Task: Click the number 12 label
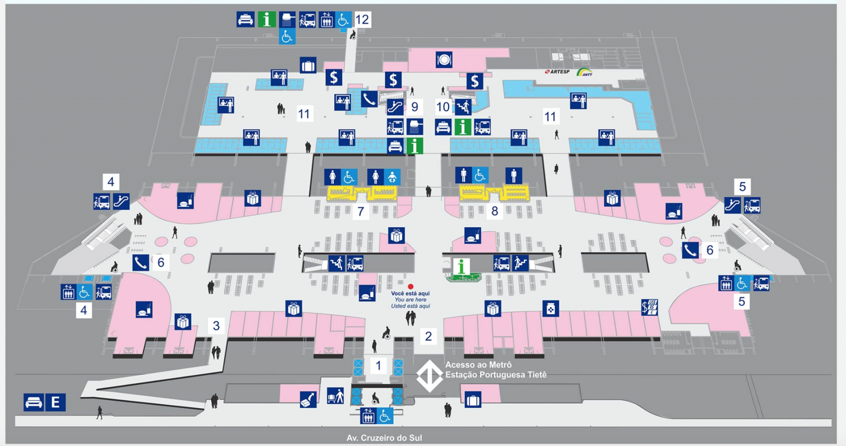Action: (362, 19)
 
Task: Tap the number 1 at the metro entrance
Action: (378, 365)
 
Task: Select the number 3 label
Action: (216, 325)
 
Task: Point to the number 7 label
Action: (361, 211)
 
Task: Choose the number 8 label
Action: (494, 211)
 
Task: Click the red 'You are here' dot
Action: (411, 286)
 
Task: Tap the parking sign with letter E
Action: (55, 402)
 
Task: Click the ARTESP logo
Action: (557, 72)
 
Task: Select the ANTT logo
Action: (585, 72)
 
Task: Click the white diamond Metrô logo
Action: (430, 375)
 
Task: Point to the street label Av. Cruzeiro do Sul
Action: (384, 438)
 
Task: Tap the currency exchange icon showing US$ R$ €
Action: (649, 307)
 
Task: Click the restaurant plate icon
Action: (444, 60)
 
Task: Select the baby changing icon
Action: (392, 177)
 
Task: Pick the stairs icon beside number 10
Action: (463, 107)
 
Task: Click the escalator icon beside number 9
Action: (395, 107)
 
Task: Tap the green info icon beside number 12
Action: (266, 19)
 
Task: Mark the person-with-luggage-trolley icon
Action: (335, 396)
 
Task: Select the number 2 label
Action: (428, 336)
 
